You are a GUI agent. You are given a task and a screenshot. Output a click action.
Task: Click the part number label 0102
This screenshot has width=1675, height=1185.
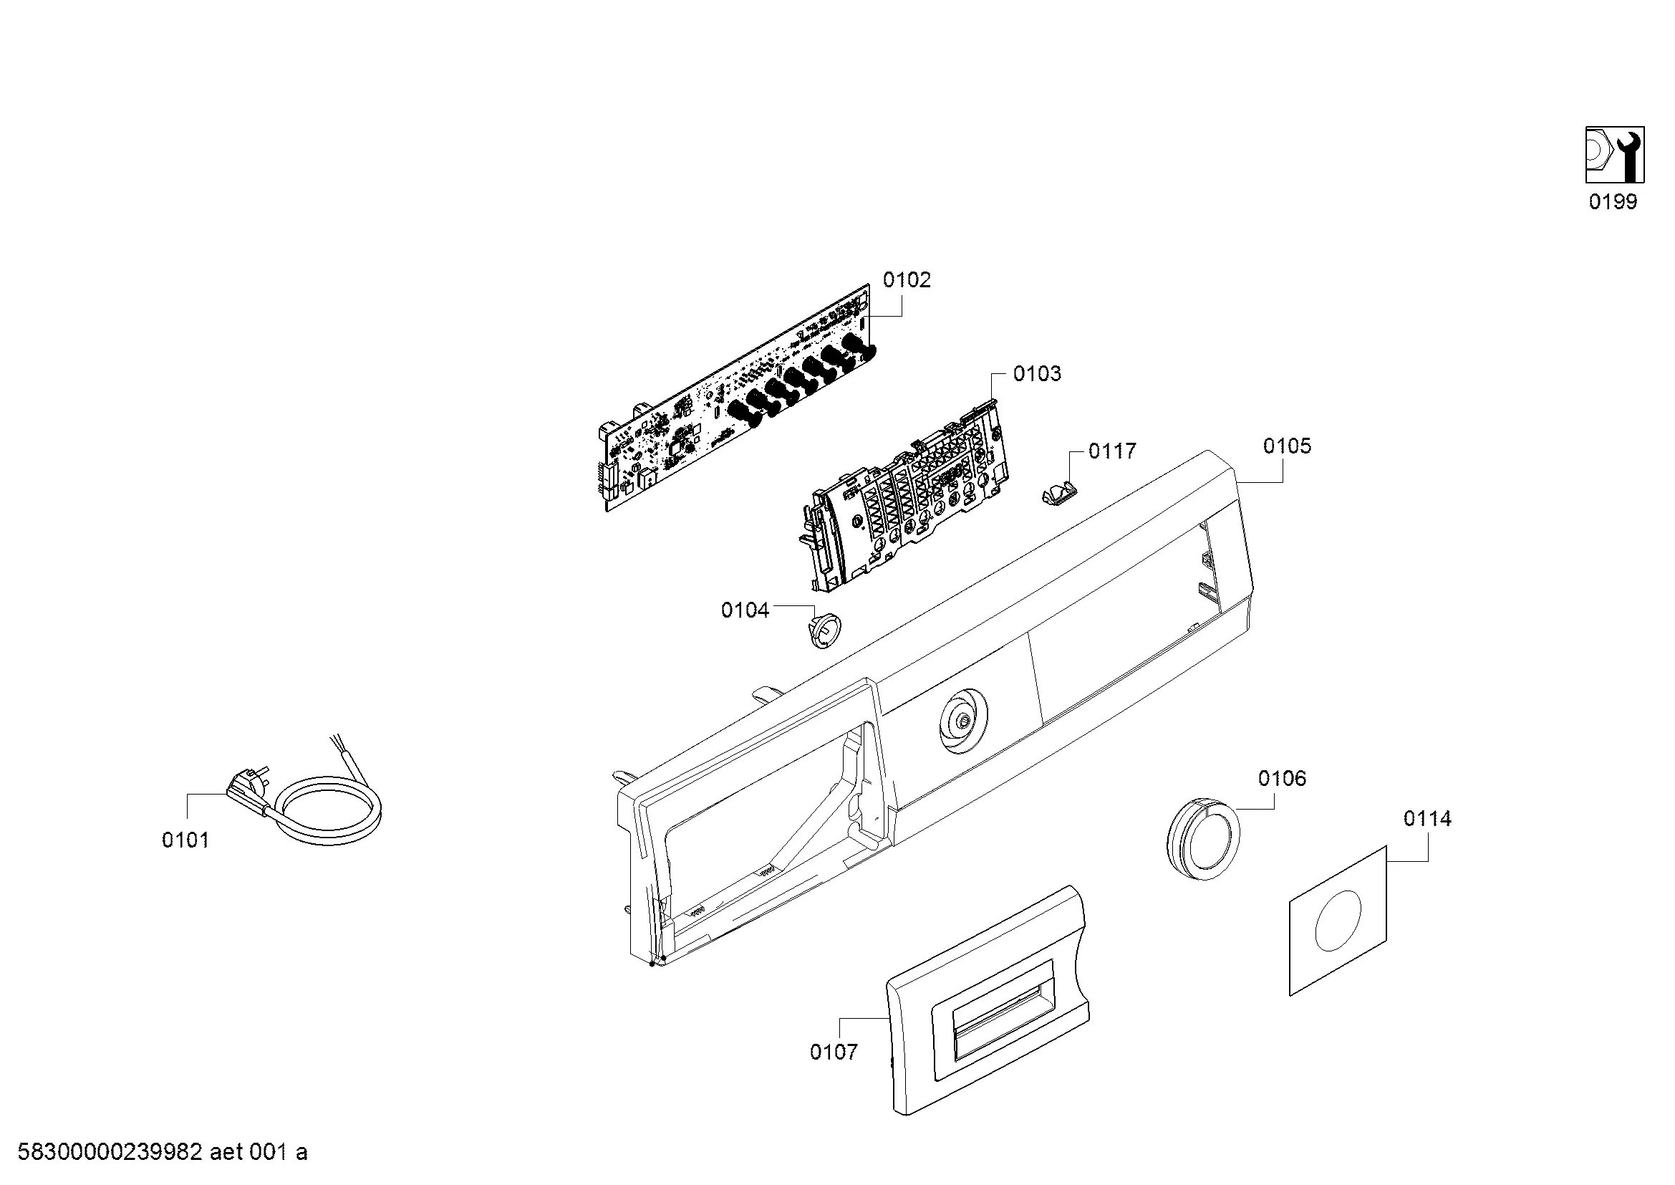pyautogui.click(x=907, y=280)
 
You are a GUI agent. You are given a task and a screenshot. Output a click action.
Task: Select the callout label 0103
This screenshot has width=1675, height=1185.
pyautogui.click(x=1037, y=374)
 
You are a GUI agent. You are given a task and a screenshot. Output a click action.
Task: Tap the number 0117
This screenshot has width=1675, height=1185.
pyautogui.click(x=1112, y=451)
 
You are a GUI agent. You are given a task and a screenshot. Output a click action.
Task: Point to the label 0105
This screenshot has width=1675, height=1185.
pyautogui.click(x=1287, y=446)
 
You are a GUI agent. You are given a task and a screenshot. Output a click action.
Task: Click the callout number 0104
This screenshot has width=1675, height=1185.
pyautogui.click(x=745, y=610)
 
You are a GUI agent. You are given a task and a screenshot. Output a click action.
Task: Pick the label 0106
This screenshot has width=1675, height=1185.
pyautogui.click(x=1282, y=779)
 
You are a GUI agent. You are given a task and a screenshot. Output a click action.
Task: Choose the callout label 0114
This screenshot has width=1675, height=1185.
pyautogui.click(x=1427, y=819)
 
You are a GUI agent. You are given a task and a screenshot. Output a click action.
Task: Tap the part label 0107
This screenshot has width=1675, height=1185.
pyautogui.click(x=833, y=1052)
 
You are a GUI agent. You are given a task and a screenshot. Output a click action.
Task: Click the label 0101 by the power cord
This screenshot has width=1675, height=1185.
pyautogui.click(x=185, y=840)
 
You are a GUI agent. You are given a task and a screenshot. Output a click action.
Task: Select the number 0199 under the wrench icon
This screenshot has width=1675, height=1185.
pyautogui.click(x=1613, y=202)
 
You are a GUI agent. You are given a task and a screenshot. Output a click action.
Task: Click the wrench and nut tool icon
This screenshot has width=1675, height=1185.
pyautogui.click(x=1614, y=155)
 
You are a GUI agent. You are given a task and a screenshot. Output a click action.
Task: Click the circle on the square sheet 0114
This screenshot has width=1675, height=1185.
pyautogui.click(x=1337, y=921)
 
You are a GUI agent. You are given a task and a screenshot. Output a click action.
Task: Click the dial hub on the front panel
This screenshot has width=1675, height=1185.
pyautogui.click(x=963, y=722)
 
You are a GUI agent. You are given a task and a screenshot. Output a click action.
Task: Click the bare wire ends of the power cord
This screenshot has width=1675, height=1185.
pyautogui.click(x=340, y=747)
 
